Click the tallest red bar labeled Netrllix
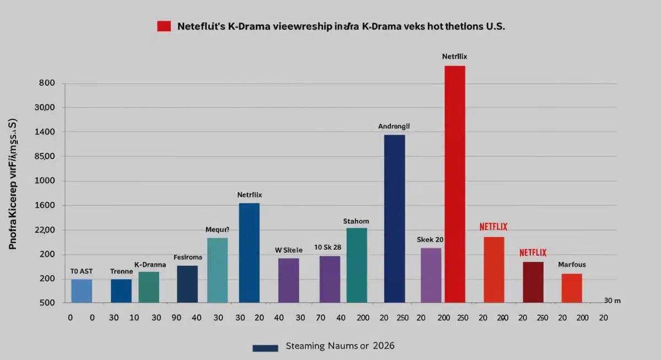(454, 184)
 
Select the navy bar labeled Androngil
(394, 219)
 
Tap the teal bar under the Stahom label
(356, 265)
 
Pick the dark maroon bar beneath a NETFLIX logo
(533, 282)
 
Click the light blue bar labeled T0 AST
(82, 291)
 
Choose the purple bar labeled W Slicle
(288, 280)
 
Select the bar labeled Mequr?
(217, 270)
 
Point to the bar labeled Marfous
(572, 288)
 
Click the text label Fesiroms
(188, 257)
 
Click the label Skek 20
(430, 240)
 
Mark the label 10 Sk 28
(328, 247)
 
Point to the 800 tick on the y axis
(47, 84)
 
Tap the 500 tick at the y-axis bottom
(47, 303)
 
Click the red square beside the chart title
(164, 26)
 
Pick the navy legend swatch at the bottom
(265, 347)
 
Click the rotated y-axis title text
(13, 184)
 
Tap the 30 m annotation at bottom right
(611, 301)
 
